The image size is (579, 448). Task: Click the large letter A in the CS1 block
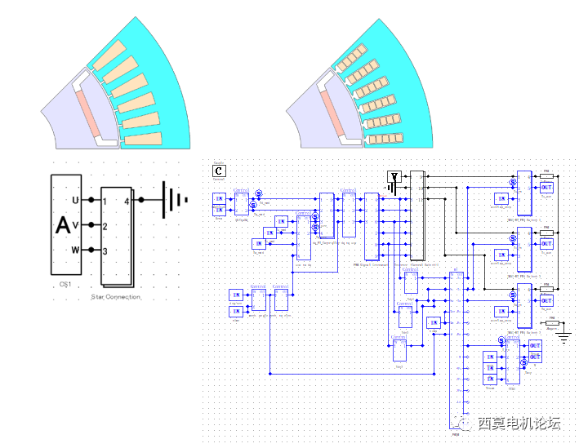(63, 225)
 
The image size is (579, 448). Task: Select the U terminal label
(76, 200)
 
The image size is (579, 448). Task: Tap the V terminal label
(76, 225)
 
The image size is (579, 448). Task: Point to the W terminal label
(76, 250)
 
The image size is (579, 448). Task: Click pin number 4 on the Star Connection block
(127, 200)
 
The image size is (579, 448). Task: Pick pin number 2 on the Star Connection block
(105, 226)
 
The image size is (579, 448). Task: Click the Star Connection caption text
(115, 297)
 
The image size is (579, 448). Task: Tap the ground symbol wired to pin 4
(171, 200)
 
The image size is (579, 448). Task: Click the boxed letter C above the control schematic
(219, 171)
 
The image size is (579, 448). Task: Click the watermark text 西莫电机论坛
(519, 424)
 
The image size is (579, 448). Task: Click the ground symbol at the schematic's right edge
(563, 335)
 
